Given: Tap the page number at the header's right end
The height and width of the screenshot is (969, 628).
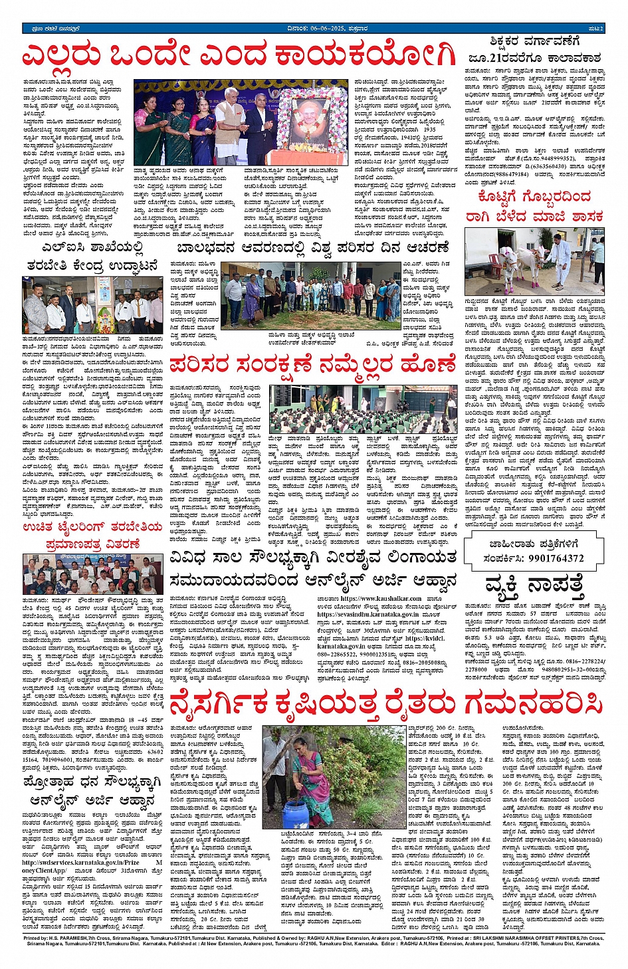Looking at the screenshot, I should pyautogui.click(x=595, y=29).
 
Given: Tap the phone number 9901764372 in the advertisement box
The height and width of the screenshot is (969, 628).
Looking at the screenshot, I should pyautogui.click(x=556, y=558).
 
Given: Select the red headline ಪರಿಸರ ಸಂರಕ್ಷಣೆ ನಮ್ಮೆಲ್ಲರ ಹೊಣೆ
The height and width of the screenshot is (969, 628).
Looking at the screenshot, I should pyautogui.click(x=312, y=365).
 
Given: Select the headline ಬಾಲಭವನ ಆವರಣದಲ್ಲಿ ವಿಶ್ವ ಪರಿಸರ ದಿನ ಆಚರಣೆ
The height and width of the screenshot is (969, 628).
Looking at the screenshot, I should pyautogui.click(x=313, y=249).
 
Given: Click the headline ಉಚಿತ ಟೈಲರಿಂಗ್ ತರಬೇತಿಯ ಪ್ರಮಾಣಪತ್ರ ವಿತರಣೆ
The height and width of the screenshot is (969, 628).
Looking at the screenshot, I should pyautogui.click(x=92, y=535).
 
